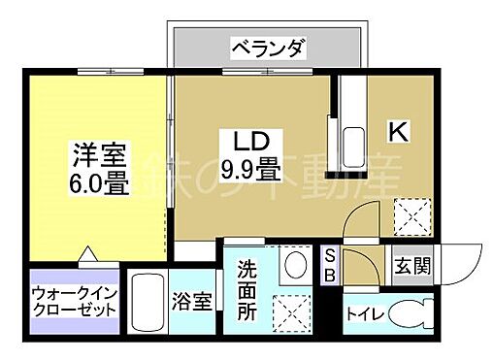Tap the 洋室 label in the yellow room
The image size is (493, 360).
pos(97,155)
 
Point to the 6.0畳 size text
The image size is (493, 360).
pos(99,182)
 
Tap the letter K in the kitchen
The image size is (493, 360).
pos(398,129)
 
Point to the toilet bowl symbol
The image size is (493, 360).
pos(415,316)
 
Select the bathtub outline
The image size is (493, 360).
pos(148,304)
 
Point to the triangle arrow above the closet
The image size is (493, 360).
pos(87,255)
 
